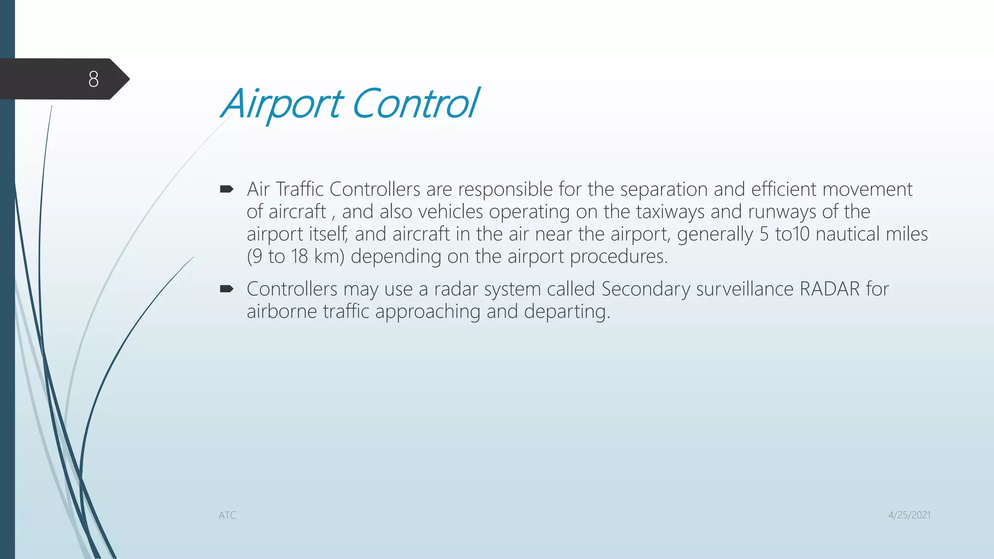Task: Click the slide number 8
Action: [94, 79]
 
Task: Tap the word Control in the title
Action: [415, 104]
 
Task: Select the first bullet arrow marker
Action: [227, 189]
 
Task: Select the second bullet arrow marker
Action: [227, 289]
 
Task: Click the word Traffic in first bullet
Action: [299, 189]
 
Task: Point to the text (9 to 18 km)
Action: [296, 257]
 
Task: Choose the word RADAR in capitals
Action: [829, 289]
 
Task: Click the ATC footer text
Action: [227, 515]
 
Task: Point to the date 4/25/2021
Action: [909, 515]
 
